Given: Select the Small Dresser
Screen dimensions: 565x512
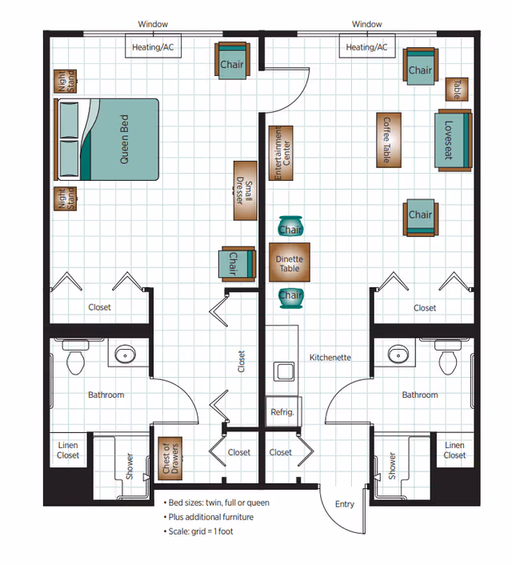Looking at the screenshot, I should tap(248, 191).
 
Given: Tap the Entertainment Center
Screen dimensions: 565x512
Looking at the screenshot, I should tap(281, 152).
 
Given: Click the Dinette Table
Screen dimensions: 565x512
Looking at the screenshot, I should tap(289, 263).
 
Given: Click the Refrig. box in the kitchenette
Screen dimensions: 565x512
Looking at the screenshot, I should tap(281, 411).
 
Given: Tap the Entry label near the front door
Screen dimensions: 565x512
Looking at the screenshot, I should tap(344, 504).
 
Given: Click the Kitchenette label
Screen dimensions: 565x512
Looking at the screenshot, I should tap(330, 358).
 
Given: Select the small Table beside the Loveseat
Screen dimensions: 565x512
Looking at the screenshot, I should tap(457, 88).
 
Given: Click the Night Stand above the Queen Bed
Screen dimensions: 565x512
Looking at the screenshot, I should tap(62, 82).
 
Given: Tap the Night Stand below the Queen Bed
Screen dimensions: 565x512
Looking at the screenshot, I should tap(62, 198).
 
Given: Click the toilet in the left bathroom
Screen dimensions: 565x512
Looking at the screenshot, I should tap(76, 359).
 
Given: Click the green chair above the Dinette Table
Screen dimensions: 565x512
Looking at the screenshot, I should tap(290, 229).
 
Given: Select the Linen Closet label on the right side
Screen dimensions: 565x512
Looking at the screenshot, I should tap(454, 451).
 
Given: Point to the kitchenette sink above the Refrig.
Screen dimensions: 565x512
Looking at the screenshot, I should tap(282, 371).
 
